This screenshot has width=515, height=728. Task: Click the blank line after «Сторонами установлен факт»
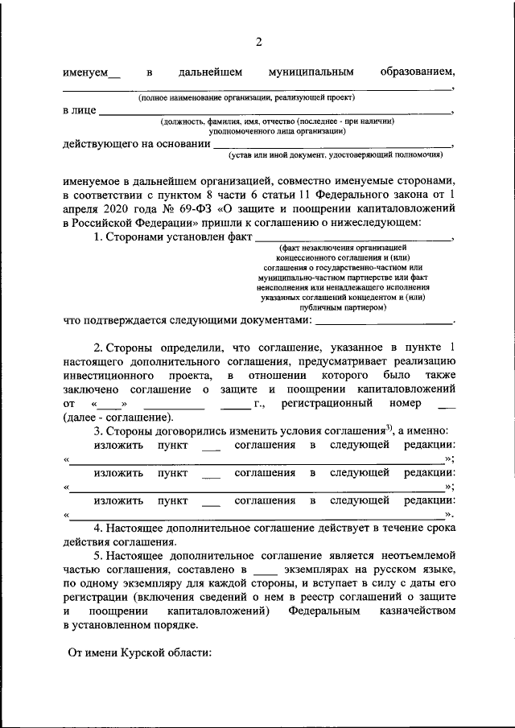click(x=353, y=240)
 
